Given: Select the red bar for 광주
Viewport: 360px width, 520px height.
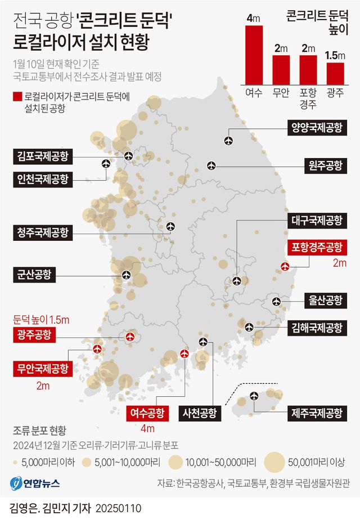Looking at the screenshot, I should click(x=335, y=73).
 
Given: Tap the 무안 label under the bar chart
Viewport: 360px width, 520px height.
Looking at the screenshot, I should click(x=281, y=92).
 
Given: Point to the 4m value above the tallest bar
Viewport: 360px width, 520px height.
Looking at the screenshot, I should click(x=254, y=19).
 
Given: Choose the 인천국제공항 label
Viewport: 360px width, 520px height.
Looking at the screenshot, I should click(x=43, y=180).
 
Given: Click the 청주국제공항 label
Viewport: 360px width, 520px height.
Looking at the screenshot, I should click(x=43, y=232).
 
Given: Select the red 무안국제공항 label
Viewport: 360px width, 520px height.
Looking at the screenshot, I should click(x=43, y=369).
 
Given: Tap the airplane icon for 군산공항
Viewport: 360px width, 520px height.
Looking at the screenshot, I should click(x=126, y=275).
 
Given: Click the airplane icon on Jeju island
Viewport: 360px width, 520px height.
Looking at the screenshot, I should click(x=252, y=397).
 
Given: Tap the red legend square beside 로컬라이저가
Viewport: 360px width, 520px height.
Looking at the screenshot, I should click(x=17, y=96).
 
